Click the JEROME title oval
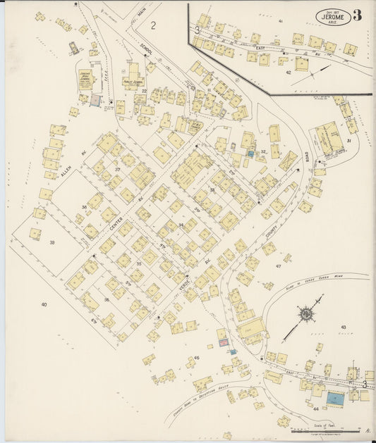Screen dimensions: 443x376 (329, 15)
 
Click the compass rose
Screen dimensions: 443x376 (307, 313)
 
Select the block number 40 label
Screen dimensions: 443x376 (44, 304)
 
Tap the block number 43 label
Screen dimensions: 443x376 (344, 327)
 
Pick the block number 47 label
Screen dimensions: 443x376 (278, 266)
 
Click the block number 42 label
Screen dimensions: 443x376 (288, 72)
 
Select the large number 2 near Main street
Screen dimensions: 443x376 (153, 25)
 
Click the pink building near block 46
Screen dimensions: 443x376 (223, 343)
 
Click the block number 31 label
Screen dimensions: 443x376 (348, 141)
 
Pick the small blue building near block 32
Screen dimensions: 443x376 (250, 153)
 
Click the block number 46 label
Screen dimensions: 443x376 (197, 358)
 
